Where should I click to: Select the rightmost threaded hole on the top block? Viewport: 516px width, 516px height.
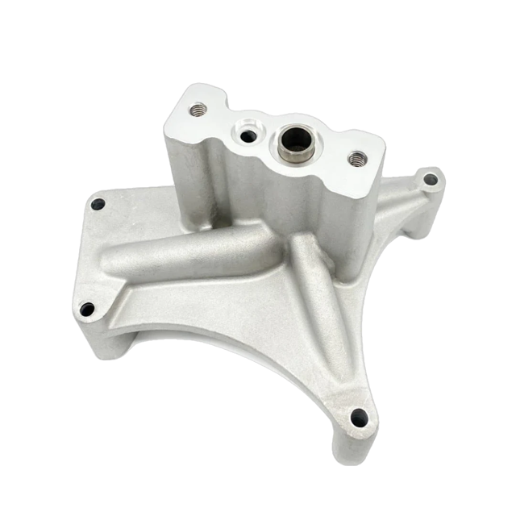(356, 156)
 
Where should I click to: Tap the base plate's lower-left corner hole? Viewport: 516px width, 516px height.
(87, 307)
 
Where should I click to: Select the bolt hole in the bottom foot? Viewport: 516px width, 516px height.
(359, 417)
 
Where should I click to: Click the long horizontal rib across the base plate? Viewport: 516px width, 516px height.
(202, 254)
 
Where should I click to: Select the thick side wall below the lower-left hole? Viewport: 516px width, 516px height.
(101, 335)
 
